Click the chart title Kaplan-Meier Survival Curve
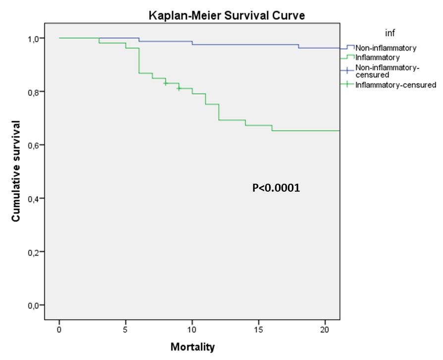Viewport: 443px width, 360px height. (x=227, y=15)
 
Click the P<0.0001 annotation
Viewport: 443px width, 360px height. (x=276, y=188)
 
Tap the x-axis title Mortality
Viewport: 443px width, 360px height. (x=193, y=347)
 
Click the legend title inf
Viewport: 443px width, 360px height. (x=389, y=33)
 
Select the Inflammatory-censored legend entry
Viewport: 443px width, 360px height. (x=395, y=85)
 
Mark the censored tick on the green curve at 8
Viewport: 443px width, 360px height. (x=166, y=83)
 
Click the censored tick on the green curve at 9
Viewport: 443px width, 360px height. (x=179, y=89)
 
